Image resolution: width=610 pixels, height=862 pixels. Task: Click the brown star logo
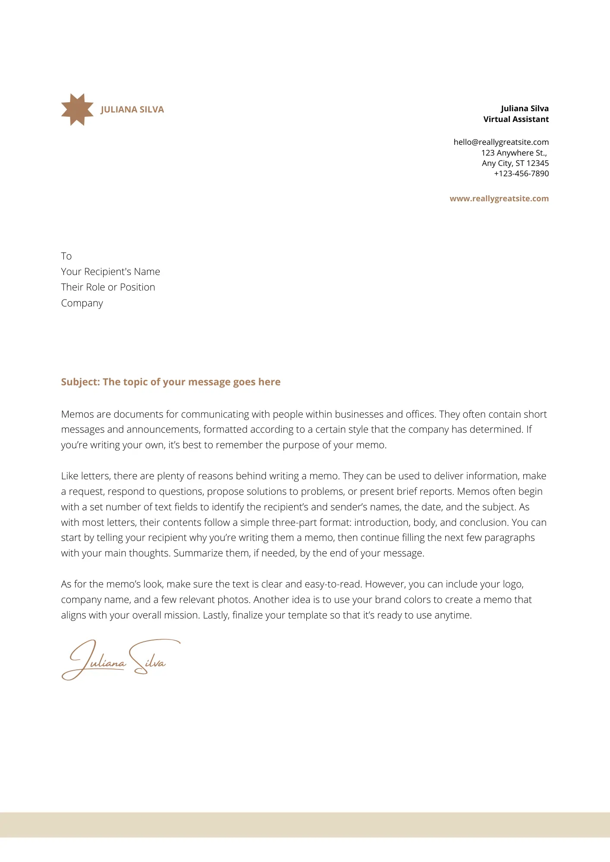coord(77,109)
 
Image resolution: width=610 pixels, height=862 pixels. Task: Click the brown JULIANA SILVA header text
coord(132,109)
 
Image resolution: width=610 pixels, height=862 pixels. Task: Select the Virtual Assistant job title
coord(516,119)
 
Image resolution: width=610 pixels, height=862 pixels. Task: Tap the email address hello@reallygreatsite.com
coord(501,142)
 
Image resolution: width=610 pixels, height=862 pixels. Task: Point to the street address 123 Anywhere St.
coord(514,153)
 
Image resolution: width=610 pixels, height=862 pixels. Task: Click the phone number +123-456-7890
coord(521,173)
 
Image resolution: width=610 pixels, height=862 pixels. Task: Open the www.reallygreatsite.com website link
coord(499,199)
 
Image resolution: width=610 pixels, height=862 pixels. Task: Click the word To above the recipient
coord(66,256)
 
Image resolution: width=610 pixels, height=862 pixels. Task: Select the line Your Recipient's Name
coord(110,272)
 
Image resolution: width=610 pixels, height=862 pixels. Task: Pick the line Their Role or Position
coord(108,287)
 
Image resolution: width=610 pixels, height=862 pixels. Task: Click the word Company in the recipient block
coord(82,303)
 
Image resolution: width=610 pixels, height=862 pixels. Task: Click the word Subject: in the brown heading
coord(80,382)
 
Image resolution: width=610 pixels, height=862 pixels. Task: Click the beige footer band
coord(305,825)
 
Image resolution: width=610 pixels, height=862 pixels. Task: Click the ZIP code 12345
coord(538,163)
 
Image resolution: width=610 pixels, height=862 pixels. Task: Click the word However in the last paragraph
coord(385,584)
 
